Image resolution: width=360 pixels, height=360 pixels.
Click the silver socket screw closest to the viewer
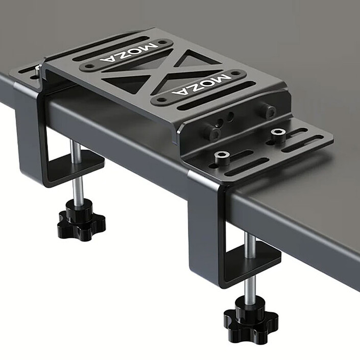221,157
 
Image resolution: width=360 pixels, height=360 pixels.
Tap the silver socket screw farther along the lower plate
278,134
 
